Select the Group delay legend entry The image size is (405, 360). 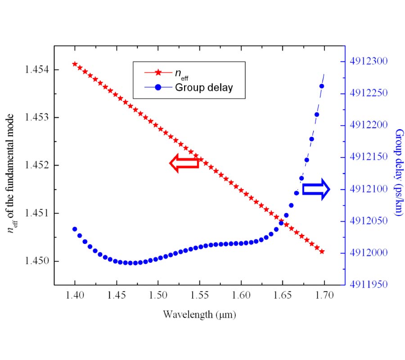(x=204, y=87)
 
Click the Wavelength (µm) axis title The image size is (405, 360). (x=199, y=315)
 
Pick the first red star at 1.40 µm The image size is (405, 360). (x=75, y=64)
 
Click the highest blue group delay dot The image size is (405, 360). (x=322, y=86)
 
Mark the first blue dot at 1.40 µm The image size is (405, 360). (x=75, y=229)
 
